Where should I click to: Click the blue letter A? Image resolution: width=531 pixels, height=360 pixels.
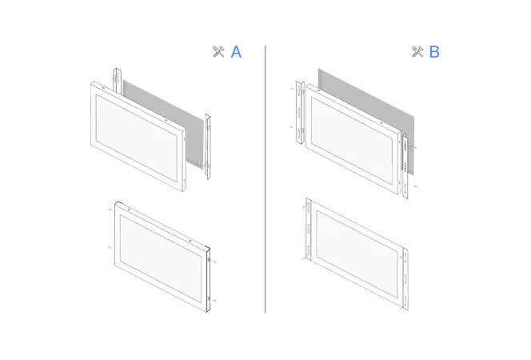pos(236,52)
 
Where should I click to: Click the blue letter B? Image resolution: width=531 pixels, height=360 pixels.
pos(434,52)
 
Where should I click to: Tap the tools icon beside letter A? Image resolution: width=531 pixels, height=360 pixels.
pos(218,52)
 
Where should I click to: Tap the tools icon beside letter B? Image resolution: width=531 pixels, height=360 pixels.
pos(417,52)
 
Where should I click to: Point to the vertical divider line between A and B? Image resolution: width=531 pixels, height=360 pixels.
pos(265,179)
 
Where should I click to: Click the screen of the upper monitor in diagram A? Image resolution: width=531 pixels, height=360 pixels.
pos(137,137)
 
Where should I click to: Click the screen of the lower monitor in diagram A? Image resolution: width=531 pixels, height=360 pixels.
pos(161,258)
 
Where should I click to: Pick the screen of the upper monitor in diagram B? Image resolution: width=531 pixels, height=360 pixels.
pos(352,141)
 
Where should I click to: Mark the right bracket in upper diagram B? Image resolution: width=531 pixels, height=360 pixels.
pos(405,166)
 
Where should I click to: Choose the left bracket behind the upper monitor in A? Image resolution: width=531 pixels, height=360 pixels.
pos(117,82)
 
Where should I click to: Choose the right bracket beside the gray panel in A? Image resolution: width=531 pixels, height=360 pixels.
pos(208,146)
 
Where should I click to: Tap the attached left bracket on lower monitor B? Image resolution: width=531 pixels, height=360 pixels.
pos(308,230)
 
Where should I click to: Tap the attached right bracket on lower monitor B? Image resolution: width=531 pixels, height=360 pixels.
pos(405,279)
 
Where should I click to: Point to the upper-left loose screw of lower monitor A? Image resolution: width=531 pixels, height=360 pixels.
pos(110,210)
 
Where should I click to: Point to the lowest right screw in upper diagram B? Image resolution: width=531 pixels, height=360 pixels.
pos(414,186)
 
